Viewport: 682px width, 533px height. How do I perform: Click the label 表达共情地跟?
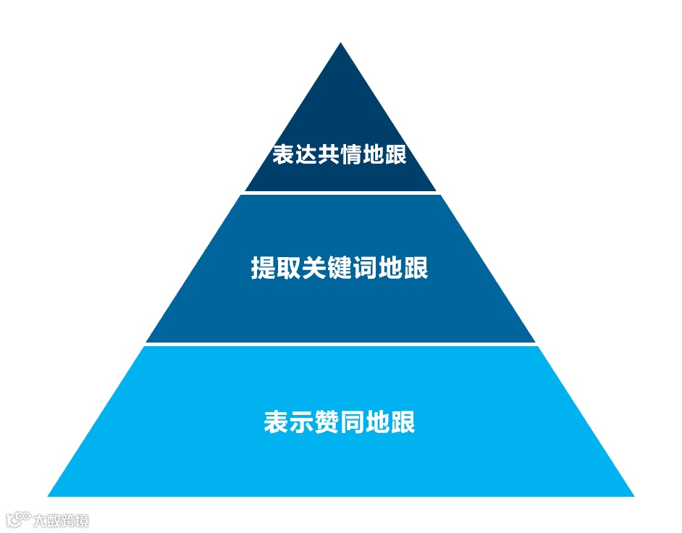click(x=340, y=154)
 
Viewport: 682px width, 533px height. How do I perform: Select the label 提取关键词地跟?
click(x=340, y=267)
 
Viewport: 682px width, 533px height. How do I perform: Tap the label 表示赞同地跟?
click(x=340, y=421)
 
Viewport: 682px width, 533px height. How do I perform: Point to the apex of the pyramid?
click(x=340, y=45)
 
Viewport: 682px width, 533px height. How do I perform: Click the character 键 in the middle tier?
click(x=340, y=267)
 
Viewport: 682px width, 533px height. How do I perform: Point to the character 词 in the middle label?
click(x=365, y=267)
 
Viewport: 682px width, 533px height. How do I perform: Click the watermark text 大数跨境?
click(x=61, y=520)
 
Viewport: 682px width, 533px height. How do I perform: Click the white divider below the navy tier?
click(x=340, y=193)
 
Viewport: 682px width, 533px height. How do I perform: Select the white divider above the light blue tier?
click(x=340, y=344)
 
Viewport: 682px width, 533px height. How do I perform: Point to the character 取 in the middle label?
click(x=288, y=267)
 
